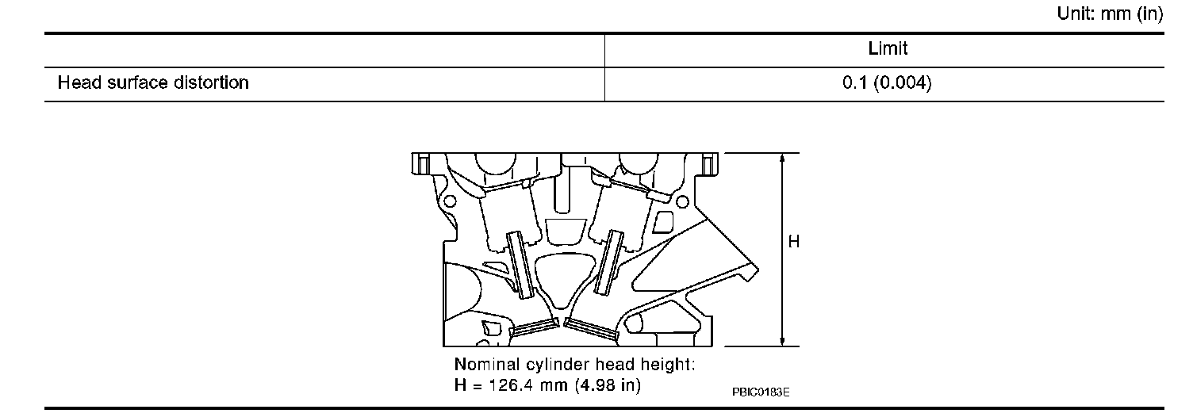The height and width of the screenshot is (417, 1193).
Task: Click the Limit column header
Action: [888, 48]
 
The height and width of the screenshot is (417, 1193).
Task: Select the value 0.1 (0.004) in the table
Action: [887, 82]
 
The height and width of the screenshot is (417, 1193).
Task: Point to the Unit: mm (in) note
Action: [1110, 13]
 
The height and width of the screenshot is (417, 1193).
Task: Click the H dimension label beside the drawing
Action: [793, 242]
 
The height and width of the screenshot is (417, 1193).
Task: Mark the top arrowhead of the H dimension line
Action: [782, 159]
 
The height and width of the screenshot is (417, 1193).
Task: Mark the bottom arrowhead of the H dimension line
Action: [782, 341]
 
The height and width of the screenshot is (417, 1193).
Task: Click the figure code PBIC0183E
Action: [761, 392]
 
